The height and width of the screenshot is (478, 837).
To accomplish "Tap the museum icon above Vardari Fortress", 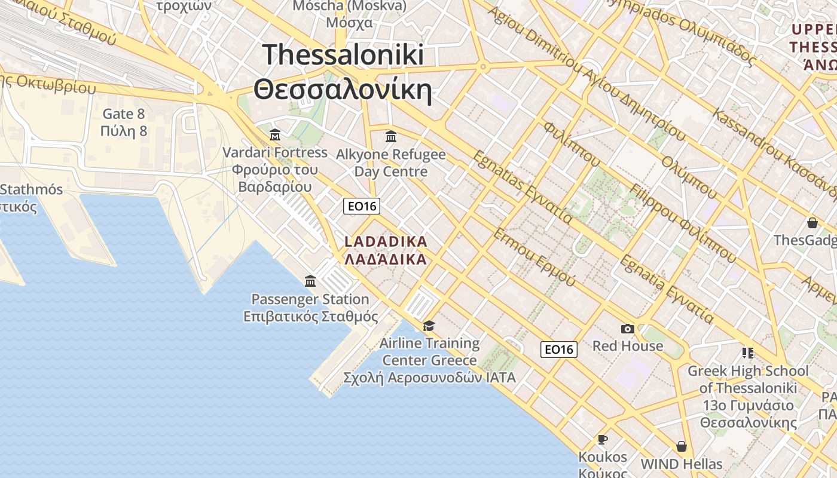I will point(275,134).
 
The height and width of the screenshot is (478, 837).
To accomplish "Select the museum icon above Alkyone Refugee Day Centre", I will point(391,136).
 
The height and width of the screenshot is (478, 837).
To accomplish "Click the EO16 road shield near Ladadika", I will point(362,206).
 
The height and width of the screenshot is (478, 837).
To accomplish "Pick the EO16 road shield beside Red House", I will point(559,350).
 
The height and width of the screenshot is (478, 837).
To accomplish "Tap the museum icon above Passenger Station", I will point(310,281).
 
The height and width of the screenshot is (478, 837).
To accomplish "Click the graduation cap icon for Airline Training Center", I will point(429,326).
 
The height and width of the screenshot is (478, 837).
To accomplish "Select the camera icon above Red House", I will point(627,329).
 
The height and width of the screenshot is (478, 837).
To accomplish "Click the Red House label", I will point(627,346).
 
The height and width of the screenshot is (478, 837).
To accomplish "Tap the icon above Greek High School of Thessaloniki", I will point(748,353).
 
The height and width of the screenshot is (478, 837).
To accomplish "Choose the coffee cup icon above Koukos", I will point(603,440).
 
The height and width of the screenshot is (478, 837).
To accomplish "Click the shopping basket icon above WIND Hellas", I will point(681,446).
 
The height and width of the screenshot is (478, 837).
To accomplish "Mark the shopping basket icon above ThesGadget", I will point(812,223).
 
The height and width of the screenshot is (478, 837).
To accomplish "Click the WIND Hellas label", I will point(681,464).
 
